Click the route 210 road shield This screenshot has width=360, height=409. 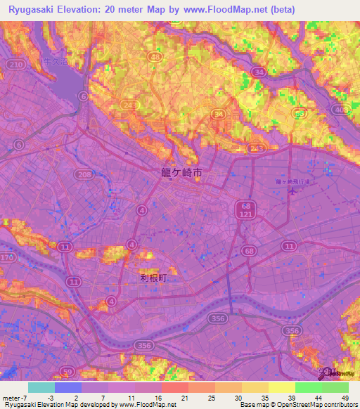pyautogui.click(x=15, y=65)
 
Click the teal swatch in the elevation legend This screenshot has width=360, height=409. pyautogui.click(x=41, y=387)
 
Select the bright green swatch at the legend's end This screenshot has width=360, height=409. pyautogui.click(x=335, y=387)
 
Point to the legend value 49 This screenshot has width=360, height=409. pyautogui.click(x=344, y=398)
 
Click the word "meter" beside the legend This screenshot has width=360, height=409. pyautogui.click(x=11, y=398)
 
